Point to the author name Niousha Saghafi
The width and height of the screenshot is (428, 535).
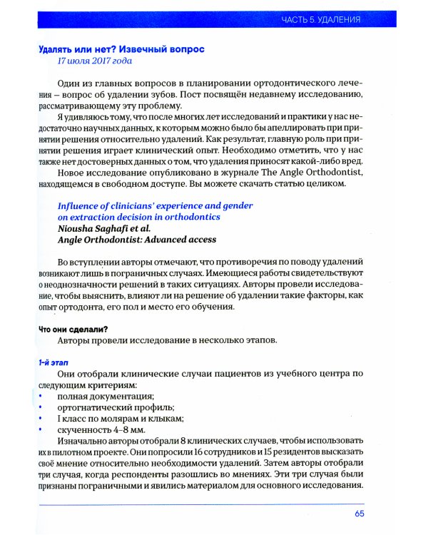click(98, 229)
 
